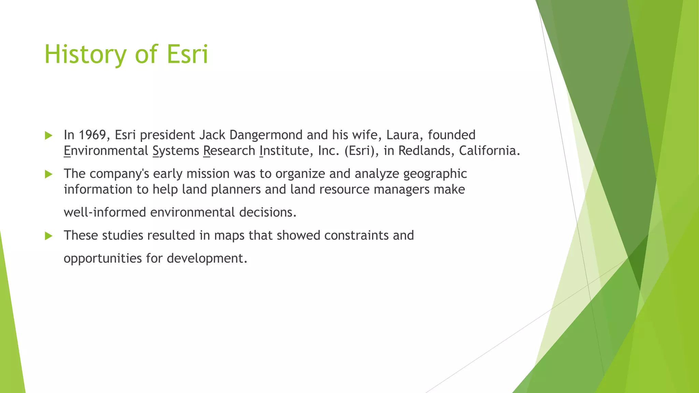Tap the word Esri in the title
(x=187, y=55)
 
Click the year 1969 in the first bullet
(x=92, y=135)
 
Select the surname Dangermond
(x=266, y=135)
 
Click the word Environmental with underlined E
(x=106, y=151)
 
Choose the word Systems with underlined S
(x=176, y=151)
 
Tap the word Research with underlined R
(x=229, y=151)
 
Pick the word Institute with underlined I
(x=284, y=151)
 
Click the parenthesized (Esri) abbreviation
(x=361, y=151)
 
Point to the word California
(x=489, y=151)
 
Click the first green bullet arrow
(x=48, y=136)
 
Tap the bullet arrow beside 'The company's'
(x=48, y=174)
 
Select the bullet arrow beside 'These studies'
(x=48, y=236)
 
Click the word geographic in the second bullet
(x=435, y=174)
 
